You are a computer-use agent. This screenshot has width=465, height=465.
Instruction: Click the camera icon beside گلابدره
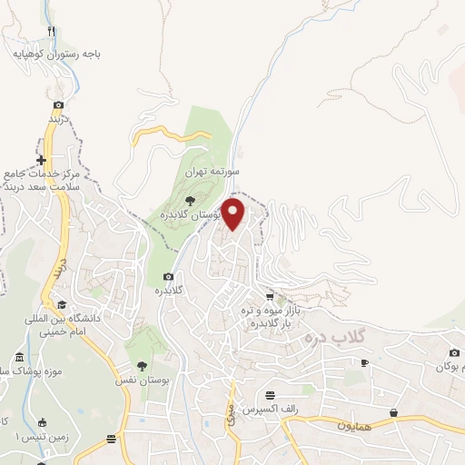[168, 276]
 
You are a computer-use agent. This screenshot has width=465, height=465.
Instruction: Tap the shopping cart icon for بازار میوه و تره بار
[270, 297]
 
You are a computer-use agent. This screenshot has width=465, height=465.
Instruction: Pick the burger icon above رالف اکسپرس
[271, 395]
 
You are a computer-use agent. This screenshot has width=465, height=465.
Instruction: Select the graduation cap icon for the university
[61, 304]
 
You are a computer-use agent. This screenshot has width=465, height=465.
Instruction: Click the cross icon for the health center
[41, 160]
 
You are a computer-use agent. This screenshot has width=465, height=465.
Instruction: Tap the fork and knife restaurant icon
[53, 31]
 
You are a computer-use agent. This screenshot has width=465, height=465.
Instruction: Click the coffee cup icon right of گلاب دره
[364, 362]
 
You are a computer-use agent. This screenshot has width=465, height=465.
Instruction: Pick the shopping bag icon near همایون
[393, 412]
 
